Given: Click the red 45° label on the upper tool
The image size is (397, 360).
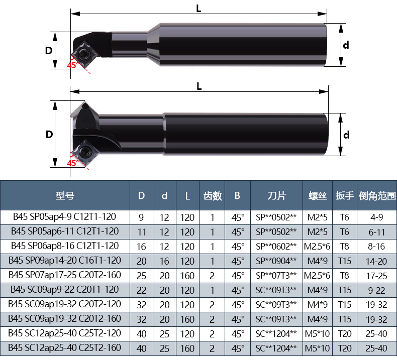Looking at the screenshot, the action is pos(73,65).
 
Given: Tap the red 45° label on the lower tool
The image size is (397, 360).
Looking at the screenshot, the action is pos(73,163).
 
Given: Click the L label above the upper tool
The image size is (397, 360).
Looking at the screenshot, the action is pos(199,9).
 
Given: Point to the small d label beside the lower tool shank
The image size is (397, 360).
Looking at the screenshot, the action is pos(346,135).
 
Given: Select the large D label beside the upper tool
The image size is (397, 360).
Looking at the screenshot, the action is pos(49,51).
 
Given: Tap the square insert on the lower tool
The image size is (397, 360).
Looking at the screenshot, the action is pos(83,153).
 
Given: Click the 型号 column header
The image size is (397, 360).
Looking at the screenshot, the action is pos(65,195).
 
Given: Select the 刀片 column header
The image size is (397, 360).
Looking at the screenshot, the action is pos(277,195).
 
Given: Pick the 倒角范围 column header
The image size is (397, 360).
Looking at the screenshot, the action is pos(377,195).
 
